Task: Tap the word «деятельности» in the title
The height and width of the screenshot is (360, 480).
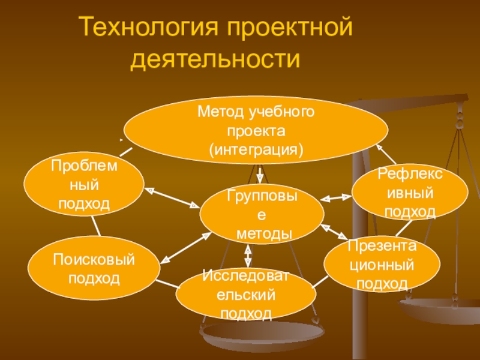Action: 215,59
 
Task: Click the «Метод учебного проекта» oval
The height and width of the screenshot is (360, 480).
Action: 256,129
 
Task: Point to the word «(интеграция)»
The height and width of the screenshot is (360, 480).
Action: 256,148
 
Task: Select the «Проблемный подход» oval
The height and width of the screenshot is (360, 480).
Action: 84,184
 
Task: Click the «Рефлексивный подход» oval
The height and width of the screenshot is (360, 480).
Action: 410,193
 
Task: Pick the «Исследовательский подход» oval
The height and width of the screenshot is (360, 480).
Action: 247,294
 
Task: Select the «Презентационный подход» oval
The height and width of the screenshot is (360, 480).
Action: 382,264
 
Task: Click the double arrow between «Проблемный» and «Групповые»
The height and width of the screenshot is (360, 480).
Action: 172,197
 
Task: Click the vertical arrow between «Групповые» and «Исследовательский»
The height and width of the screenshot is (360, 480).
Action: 248,256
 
